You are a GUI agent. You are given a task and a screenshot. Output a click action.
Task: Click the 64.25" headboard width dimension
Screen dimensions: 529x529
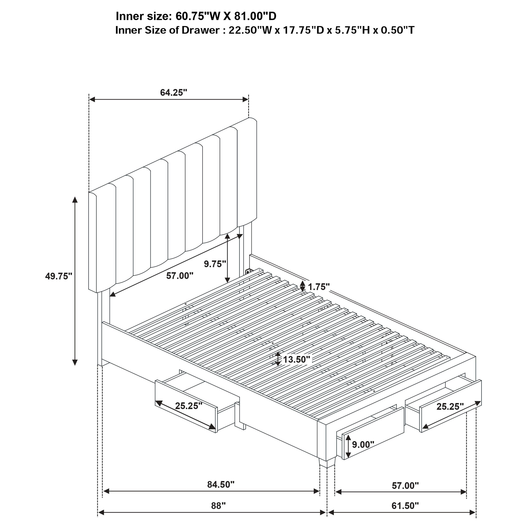click(173, 92)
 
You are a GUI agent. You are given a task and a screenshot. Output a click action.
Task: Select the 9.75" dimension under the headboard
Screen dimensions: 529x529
click(215, 264)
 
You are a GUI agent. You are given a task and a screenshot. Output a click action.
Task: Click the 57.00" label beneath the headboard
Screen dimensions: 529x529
click(180, 276)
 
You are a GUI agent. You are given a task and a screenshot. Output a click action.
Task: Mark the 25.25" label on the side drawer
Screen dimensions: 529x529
click(189, 405)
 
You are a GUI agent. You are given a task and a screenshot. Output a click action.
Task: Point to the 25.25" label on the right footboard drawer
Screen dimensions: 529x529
click(450, 406)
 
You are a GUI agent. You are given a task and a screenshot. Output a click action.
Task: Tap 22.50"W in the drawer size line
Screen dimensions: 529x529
click(250, 30)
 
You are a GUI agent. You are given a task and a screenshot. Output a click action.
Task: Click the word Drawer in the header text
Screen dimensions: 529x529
click(200, 30)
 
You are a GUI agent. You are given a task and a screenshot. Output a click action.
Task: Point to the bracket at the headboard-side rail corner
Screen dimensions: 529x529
click(249, 271)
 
